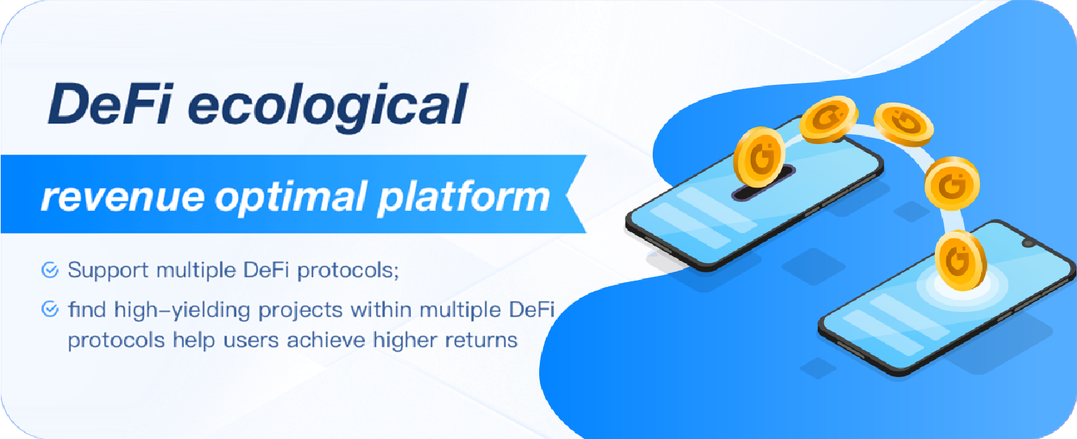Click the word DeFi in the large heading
(x=109, y=104)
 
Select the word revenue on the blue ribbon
(x=123, y=198)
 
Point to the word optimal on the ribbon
(x=291, y=198)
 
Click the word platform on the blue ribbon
(x=464, y=198)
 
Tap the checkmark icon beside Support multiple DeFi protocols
(x=50, y=270)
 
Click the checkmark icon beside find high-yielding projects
(x=50, y=309)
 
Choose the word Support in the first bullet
(x=108, y=270)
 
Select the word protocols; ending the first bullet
(x=348, y=271)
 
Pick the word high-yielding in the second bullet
(x=182, y=311)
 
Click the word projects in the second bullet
(x=301, y=311)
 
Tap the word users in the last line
(x=251, y=340)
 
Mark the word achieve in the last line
(x=326, y=340)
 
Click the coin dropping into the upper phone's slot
(x=759, y=156)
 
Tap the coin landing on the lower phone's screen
(x=960, y=260)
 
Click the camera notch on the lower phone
(x=1028, y=243)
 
